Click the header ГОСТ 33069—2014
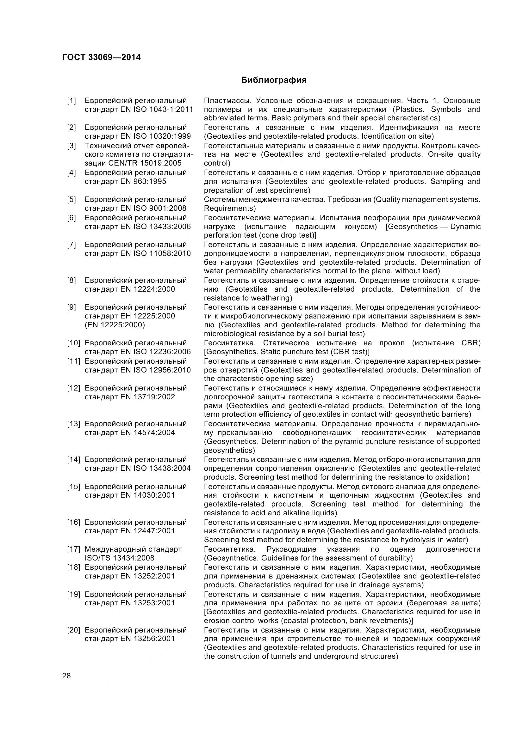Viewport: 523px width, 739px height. coord(102,58)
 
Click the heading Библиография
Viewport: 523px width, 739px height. coord(274,80)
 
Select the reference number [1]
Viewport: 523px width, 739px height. coord(72,101)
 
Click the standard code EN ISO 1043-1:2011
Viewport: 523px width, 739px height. coord(157,109)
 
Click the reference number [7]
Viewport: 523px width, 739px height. coord(72,245)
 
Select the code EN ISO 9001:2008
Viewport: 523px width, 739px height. coord(153,208)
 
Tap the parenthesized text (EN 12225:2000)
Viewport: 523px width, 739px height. coord(115,325)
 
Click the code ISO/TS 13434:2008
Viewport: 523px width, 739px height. coord(120,558)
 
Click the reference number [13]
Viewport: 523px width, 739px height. coord(73,424)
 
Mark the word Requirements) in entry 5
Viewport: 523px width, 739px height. coord(230,208)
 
